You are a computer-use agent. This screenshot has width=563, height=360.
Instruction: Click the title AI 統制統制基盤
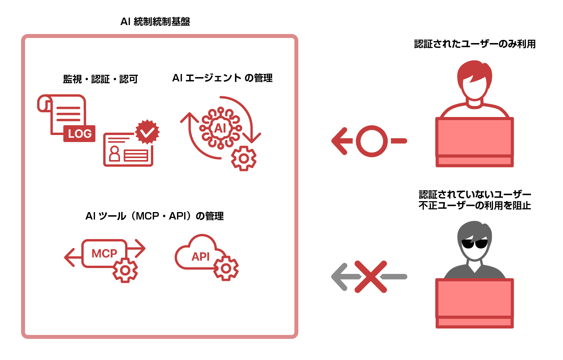(155, 22)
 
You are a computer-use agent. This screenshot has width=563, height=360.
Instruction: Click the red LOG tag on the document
(79, 134)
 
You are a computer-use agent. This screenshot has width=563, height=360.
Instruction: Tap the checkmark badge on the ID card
(147, 132)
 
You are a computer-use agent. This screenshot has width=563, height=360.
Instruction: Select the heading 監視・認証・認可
(100, 79)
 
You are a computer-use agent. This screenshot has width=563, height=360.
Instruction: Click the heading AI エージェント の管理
(222, 78)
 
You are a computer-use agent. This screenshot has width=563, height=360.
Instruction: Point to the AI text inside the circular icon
(220, 128)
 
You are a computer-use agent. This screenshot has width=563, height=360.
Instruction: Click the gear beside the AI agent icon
(244, 158)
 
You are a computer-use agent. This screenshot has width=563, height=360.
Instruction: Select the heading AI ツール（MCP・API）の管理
(154, 216)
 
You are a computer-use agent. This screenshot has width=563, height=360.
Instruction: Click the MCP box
(104, 253)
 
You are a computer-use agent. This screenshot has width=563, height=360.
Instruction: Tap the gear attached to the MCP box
(125, 270)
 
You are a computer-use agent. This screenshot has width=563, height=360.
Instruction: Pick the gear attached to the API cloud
(226, 268)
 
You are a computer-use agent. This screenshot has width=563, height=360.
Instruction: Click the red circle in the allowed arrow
(371, 141)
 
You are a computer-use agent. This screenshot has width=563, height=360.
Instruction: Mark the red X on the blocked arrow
(371, 277)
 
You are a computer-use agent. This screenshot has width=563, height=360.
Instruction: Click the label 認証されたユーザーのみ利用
(475, 44)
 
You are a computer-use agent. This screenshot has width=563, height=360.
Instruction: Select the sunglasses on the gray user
(474, 244)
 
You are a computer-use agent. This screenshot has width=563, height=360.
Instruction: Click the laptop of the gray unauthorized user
(474, 302)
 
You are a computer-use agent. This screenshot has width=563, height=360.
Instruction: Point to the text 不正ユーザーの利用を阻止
(475, 205)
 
